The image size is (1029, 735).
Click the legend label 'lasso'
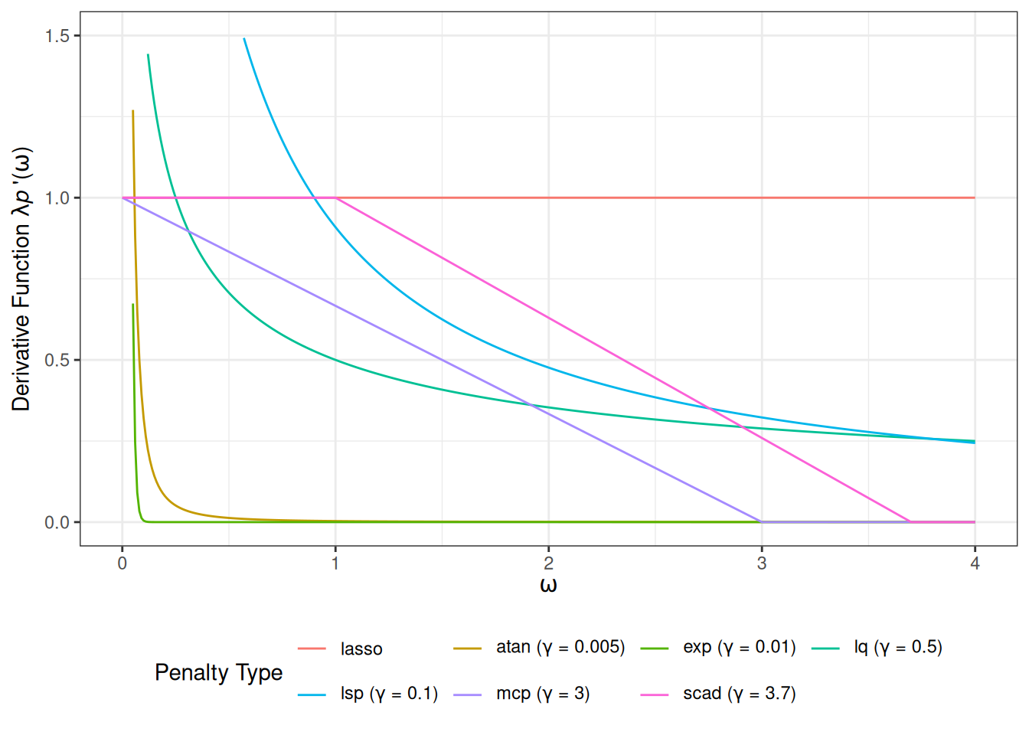pyautogui.click(x=361, y=649)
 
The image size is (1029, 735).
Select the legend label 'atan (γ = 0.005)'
pyautogui.click(x=560, y=648)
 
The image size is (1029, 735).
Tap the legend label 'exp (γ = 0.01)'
pyautogui.click(x=740, y=648)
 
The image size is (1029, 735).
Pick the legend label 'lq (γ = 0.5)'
pyautogui.click(x=898, y=648)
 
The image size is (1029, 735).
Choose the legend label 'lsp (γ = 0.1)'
pyautogui.click(x=389, y=694)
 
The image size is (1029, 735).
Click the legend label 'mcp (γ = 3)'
pyautogui.click(x=543, y=694)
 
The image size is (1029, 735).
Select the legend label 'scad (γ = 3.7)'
pyautogui.click(x=740, y=694)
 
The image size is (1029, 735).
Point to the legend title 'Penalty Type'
pyautogui.click(x=218, y=672)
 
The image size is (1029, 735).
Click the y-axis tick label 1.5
pyautogui.click(x=57, y=36)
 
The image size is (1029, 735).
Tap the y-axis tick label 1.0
pyautogui.click(x=57, y=198)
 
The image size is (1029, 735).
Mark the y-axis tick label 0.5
pyautogui.click(x=57, y=360)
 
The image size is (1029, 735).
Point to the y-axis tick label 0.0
pyautogui.click(x=57, y=523)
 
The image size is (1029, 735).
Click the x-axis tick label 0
pyautogui.click(x=122, y=563)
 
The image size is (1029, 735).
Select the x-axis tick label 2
pyautogui.click(x=548, y=563)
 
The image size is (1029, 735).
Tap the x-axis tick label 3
pyautogui.click(x=762, y=563)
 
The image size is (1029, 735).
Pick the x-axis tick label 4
pyautogui.click(x=975, y=563)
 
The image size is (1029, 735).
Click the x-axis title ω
pyautogui.click(x=548, y=586)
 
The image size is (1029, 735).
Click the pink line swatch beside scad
pyautogui.click(x=655, y=694)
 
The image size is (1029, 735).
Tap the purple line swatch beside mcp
pyautogui.click(x=467, y=694)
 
